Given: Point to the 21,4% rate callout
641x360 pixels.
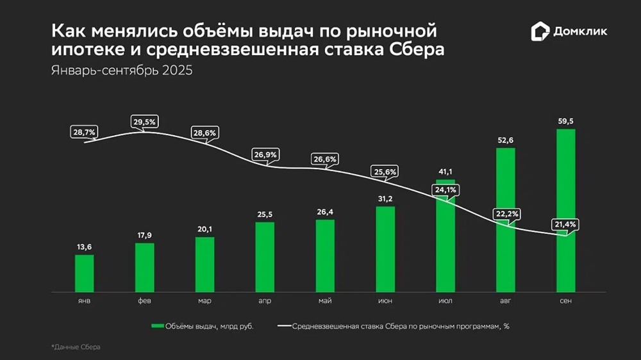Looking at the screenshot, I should pyautogui.click(x=565, y=225).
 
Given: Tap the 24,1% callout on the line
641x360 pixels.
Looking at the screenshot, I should pyautogui.click(x=446, y=190).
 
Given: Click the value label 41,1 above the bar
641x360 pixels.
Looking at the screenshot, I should pyautogui.click(x=445, y=172).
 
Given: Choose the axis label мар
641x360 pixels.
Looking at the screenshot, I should pyautogui.click(x=204, y=300).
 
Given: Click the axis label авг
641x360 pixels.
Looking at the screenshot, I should pyautogui.click(x=506, y=300).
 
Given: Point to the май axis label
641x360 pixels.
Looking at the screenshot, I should pyautogui.click(x=325, y=300).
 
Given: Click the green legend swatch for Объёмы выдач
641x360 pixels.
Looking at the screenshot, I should pyautogui.click(x=158, y=327).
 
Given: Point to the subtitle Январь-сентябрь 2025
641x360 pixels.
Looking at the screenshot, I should pyautogui.click(x=122, y=70).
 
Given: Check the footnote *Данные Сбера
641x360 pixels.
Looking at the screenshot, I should pyautogui.click(x=76, y=347).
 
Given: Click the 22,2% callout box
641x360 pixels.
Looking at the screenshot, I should pyautogui.click(x=505, y=213).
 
